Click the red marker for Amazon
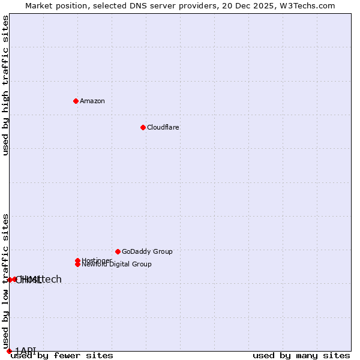(76, 101)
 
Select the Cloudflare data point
(143, 127)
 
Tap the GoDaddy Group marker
(118, 251)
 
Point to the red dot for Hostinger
(77, 260)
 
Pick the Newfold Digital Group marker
(77, 264)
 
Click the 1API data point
(9, 351)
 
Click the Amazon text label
(92, 101)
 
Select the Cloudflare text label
(163, 127)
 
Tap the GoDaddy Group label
(147, 251)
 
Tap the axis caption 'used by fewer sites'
(62, 356)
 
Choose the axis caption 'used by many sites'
(301, 356)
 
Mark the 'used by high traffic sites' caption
(5, 86)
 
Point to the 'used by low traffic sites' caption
(5, 281)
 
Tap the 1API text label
(25, 350)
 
